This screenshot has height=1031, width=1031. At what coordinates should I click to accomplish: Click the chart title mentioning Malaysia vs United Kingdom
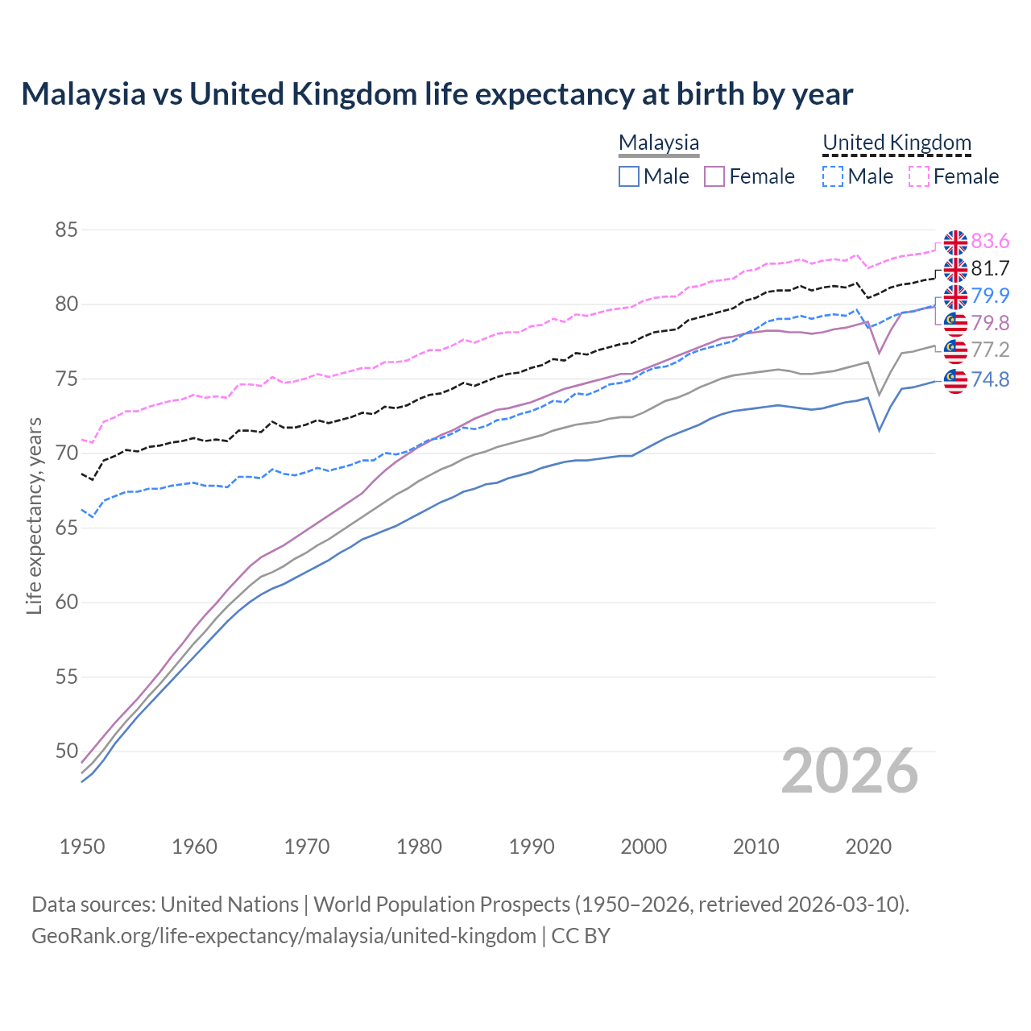[x=437, y=94]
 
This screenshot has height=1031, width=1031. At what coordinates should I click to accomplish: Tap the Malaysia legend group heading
[x=658, y=143]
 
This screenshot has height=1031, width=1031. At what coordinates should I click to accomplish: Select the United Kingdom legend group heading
[x=896, y=143]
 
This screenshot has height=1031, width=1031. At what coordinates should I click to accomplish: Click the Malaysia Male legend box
[x=629, y=176]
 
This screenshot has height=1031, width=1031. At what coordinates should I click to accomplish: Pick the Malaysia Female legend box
[x=714, y=176]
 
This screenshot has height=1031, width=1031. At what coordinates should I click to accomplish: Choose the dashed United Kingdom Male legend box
[x=833, y=176]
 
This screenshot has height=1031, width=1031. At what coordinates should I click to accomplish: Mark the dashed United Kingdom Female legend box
[x=918, y=176]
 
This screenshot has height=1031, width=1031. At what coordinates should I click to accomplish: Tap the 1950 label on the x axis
[x=82, y=847]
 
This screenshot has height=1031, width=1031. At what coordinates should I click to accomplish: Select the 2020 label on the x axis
[x=868, y=847]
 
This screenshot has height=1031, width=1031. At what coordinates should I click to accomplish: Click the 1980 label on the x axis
[x=419, y=847]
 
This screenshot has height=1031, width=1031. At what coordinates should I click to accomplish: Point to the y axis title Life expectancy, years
[x=34, y=515]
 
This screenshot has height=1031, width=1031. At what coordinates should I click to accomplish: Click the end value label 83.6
[x=990, y=242]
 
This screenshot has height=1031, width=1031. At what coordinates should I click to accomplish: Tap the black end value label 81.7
[x=990, y=268]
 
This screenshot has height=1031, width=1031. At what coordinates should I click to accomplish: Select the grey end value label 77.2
[x=990, y=350]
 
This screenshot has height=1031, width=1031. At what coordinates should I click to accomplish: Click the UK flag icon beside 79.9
[x=955, y=296]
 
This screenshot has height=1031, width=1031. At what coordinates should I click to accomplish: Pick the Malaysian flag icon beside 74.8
[x=955, y=380]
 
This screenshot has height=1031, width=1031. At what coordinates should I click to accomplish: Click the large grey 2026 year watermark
[x=849, y=771]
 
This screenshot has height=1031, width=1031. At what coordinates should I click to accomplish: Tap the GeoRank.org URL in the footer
[x=284, y=936]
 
